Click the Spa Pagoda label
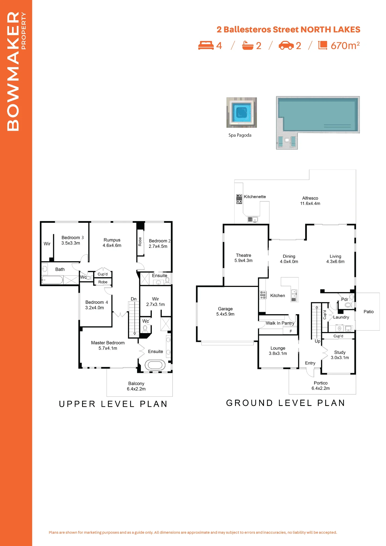click(240, 135)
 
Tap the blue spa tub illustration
click(242, 112)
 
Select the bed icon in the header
click(206, 45)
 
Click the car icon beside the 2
click(286, 46)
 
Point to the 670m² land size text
click(345, 46)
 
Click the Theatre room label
click(244, 255)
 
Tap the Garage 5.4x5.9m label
click(225, 311)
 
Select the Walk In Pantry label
click(280, 323)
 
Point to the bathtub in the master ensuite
click(155, 365)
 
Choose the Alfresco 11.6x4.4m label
click(310, 201)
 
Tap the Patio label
click(369, 311)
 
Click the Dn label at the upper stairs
click(133, 299)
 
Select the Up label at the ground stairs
click(317, 341)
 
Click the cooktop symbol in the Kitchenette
click(239, 199)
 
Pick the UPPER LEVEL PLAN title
click(113, 404)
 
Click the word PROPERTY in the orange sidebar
click(23, 31)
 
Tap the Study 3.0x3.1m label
click(340, 355)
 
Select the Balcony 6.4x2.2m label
click(136, 386)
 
